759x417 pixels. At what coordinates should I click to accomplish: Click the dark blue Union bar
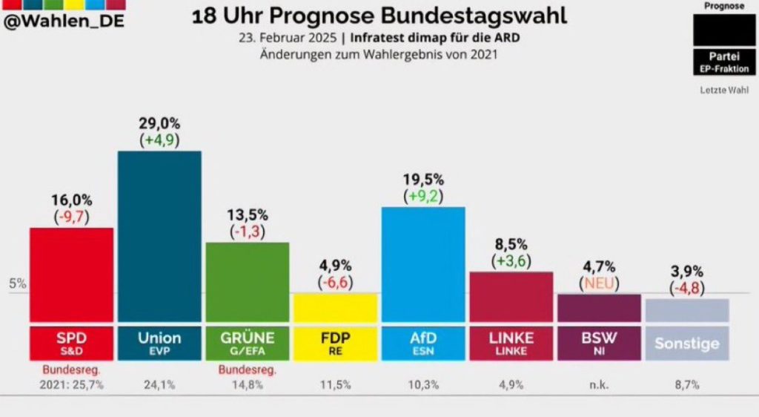pyautogui.click(x=160, y=237)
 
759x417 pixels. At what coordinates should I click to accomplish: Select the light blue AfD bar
pyautogui.click(x=423, y=264)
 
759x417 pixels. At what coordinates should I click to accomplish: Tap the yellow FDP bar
pyautogui.click(x=336, y=307)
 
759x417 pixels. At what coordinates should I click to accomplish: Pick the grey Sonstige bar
pyautogui.click(x=687, y=310)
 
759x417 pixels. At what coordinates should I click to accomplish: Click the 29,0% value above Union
pyautogui.click(x=160, y=123)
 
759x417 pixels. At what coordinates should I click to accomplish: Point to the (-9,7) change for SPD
pyautogui.click(x=72, y=217)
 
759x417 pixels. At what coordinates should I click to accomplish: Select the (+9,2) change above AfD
pyautogui.click(x=423, y=196)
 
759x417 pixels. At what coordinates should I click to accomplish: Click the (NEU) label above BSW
pyautogui.click(x=599, y=283)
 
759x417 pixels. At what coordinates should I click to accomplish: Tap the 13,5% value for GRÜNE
pyautogui.click(x=248, y=214)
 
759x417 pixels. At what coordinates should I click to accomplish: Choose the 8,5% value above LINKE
pyautogui.click(x=511, y=245)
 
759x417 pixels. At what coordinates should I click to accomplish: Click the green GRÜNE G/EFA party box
pyautogui.click(x=248, y=344)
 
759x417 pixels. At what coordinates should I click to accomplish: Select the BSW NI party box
pyautogui.click(x=599, y=344)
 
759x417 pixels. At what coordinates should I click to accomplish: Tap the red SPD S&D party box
pyautogui.click(x=72, y=344)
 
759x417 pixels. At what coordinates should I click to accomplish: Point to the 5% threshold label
pyautogui.click(x=18, y=283)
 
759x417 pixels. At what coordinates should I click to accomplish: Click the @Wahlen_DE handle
pyautogui.click(x=64, y=21)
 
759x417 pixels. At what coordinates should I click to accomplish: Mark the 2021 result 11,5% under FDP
pyautogui.click(x=336, y=385)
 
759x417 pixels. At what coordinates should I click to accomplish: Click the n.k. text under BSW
pyautogui.click(x=599, y=386)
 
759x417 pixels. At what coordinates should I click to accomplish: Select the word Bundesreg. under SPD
pyautogui.click(x=72, y=370)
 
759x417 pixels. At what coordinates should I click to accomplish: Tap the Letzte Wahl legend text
pyautogui.click(x=724, y=90)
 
